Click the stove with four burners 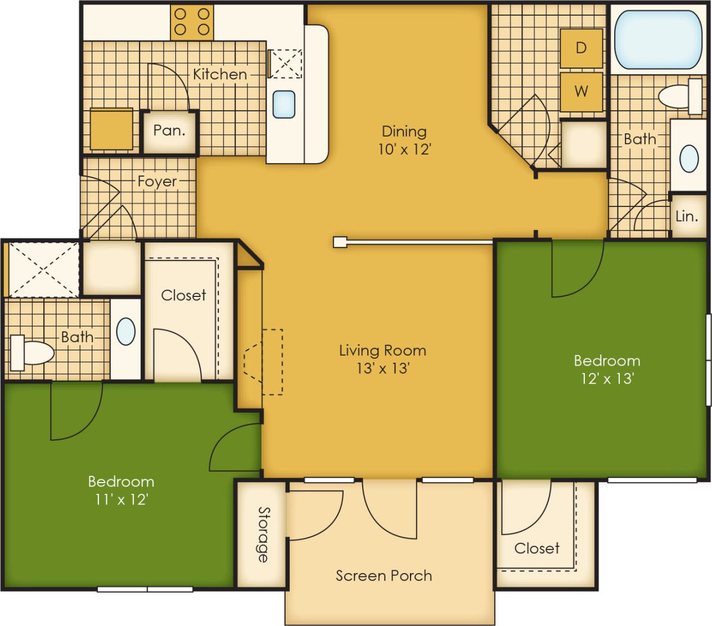coord(192,22)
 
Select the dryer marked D coord(581,48)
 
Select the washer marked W coord(581,91)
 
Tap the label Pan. coord(169,130)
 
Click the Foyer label coord(157,182)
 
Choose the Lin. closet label coord(687,216)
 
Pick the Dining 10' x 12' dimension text coord(404,149)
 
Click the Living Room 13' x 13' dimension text coord(382,368)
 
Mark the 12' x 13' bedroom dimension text coord(607,379)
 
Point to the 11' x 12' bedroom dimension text coord(121,499)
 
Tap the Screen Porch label coord(384,575)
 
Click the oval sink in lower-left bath coord(125,331)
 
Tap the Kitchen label coord(220,74)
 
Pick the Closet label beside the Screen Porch coord(537,548)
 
